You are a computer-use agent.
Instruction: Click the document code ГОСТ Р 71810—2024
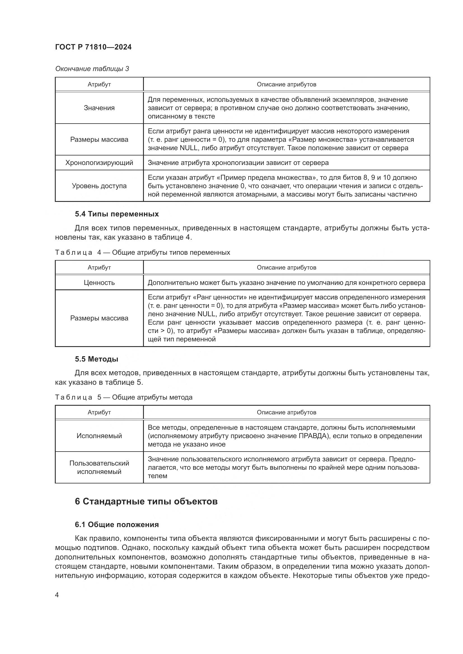click(93, 47)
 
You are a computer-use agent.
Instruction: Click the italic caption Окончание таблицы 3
click(92, 69)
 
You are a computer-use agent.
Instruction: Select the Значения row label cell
click(99, 108)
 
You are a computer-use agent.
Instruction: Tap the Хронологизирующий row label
click(99, 163)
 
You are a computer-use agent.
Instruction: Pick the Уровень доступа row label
click(99, 186)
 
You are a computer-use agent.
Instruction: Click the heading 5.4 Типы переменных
click(117, 214)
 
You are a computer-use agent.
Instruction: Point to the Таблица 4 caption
click(142, 252)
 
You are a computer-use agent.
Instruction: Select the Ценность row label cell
click(99, 283)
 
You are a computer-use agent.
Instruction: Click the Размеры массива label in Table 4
click(99, 318)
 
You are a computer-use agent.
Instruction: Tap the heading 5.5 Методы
click(96, 359)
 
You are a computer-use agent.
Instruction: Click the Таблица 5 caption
click(124, 397)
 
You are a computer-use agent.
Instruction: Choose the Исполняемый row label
click(99, 436)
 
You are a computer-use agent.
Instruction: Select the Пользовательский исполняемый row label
click(99, 468)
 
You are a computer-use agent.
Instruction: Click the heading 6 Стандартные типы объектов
click(146, 501)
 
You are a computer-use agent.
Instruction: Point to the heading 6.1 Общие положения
click(117, 525)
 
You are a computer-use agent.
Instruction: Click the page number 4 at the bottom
click(57, 595)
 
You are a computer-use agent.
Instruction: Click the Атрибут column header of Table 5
click(99, 412)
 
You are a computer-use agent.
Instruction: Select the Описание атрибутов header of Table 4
click(286, 268)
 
